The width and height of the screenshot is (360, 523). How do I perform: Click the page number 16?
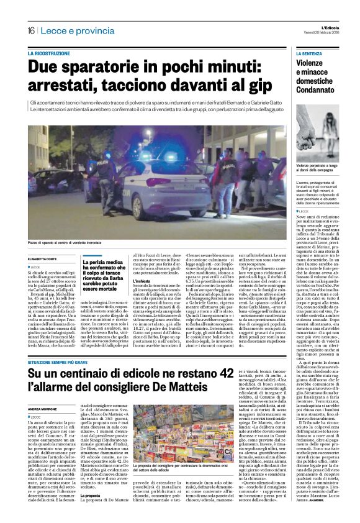pyautogui.click(x=30, y=30)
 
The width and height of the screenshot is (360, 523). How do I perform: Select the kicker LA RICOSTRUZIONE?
pyautogui.click(x=49, y=54)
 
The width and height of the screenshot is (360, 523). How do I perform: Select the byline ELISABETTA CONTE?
pyautogui.click(x=45, y=258)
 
